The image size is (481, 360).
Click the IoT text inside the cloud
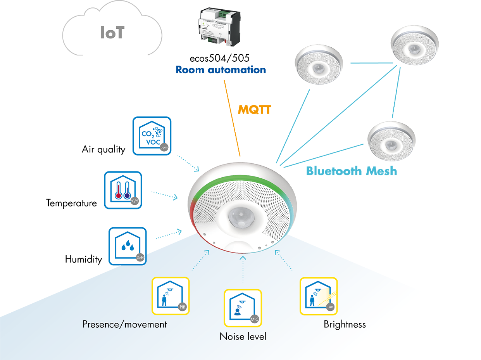coord(112,33)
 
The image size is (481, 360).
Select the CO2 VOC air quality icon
coord(152,136)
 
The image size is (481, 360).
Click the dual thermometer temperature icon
coord(123,190)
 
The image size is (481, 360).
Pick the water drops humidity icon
coord(128,246)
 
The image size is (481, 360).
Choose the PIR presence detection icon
coord(171,296)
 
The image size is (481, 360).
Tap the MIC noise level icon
coord(243,308)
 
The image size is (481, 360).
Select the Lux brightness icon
coord(319,296)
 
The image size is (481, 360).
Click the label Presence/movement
coord(125,324)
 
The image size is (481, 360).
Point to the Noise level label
coord(243,336)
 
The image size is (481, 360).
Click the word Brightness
coord(345,324)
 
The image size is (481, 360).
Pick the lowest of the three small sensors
coord(391,140)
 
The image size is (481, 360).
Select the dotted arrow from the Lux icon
coord(284,260)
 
